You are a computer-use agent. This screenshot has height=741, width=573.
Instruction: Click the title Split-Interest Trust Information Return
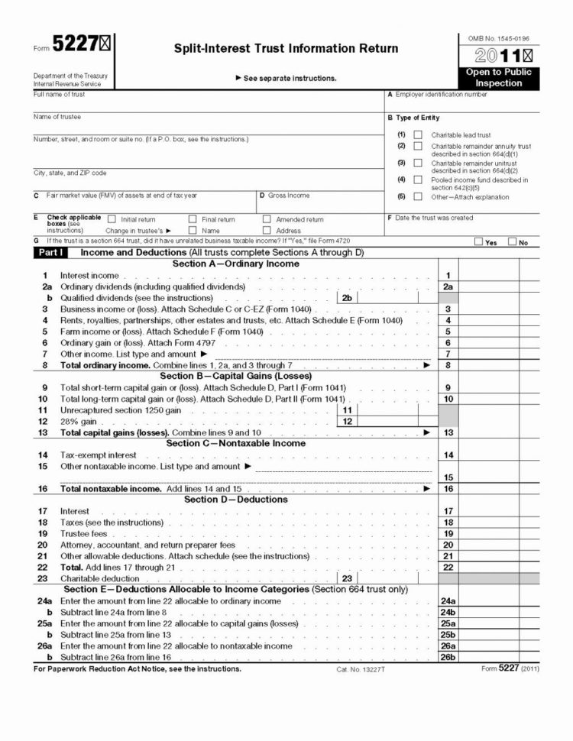click(286, 48)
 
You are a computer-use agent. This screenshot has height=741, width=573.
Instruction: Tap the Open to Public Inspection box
click(498, 77)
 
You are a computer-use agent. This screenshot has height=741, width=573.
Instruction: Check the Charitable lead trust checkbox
click(418, 134)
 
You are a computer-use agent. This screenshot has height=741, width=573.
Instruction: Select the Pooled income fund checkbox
click(418, 180)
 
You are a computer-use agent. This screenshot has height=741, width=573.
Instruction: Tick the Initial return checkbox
click(112, 219)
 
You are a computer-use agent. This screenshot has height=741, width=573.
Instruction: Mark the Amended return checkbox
click(267, 219)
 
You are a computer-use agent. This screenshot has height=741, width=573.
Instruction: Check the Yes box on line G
click(478, 242)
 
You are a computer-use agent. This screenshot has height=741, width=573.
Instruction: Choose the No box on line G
click(512, 242)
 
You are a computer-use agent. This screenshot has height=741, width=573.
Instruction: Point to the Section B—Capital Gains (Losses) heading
click(235, 376)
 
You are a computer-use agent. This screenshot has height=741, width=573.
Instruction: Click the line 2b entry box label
click(347, 298)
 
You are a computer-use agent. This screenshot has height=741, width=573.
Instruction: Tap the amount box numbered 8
click(448, 366)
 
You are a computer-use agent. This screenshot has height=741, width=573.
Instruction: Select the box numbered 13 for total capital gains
click(448, 433)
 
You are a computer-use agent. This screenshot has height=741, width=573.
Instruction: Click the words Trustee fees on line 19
click(84, 534)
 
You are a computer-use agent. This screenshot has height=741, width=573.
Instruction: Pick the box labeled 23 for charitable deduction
click(347, 579)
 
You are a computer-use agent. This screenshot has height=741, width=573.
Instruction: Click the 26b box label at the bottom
click(448, 658)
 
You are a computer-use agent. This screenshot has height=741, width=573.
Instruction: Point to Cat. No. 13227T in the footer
click(361, 669)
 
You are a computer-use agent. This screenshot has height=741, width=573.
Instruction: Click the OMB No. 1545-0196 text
click(498, 38)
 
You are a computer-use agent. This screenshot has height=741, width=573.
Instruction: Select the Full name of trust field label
click(60, 95)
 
